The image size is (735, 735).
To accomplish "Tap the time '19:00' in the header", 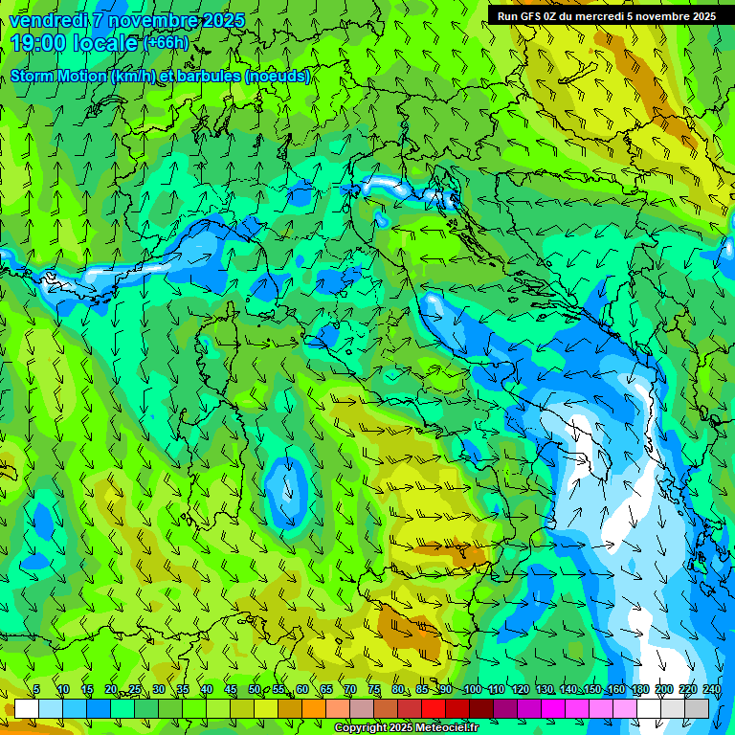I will [39, 43].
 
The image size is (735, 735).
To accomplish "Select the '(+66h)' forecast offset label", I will [166, 43].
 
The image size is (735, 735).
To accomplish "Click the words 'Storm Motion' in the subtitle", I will [58, 77].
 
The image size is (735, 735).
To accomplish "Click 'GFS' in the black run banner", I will [529, 16].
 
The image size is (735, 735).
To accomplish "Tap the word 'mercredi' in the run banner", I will [600, 16].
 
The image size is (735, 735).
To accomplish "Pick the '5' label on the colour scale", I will [36, 690].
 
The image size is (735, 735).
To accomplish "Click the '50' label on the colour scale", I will [255, 690].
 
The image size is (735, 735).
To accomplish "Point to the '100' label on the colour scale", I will [473, 690].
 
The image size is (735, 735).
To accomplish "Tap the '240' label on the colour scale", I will [711, 690].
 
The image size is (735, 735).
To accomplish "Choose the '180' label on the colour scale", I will [639, 690].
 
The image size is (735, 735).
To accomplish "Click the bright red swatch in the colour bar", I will [434, 708].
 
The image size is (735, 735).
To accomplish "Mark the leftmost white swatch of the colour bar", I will [27, 708].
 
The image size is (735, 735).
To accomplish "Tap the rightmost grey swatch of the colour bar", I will [697, 708].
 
